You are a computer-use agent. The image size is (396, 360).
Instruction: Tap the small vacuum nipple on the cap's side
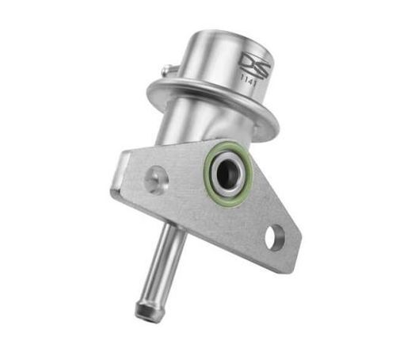(166, 71)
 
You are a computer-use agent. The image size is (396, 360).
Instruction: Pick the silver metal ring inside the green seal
(219, 167)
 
